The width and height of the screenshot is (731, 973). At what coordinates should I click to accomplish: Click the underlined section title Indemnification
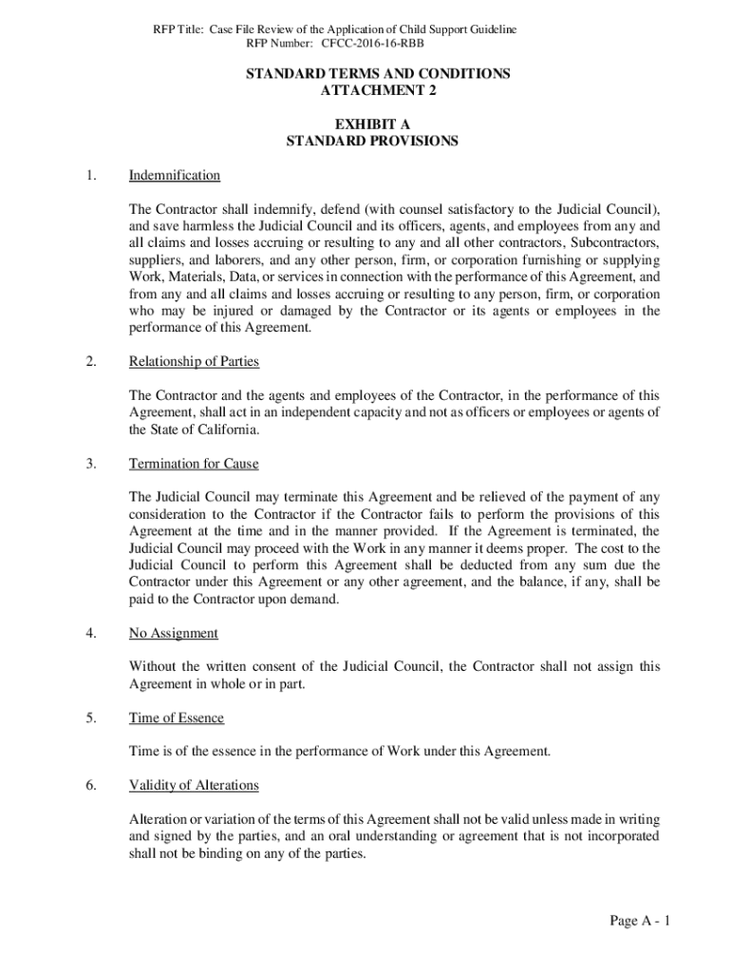coord(175,176)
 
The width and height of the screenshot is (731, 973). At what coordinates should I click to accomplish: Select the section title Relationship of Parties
coord(194,362)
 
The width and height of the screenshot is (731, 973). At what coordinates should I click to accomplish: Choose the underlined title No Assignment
coord(174,633)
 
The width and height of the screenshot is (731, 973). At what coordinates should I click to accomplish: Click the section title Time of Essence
coord(177,718)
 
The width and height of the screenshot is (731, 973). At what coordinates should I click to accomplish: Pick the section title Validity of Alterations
coord(194,786)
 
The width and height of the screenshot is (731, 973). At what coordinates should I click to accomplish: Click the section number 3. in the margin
coord(90,464)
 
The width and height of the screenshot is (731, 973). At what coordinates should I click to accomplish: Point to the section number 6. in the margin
coord(90,786)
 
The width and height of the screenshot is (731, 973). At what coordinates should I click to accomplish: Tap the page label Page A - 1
coord(641,921)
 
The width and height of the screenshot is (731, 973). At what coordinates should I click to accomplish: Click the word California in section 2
coord(225,429)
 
